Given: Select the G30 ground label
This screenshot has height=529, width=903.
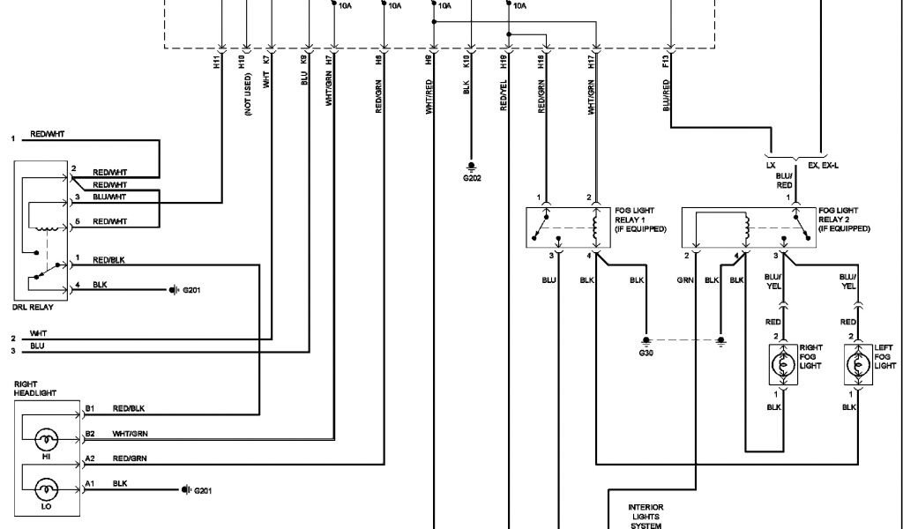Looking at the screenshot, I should [646, 352].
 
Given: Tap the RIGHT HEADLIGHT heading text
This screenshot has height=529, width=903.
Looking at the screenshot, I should [34, 389].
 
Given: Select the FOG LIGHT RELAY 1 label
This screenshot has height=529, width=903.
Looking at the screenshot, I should [641, 220].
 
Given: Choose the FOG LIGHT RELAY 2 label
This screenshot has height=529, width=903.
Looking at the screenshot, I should [844, 220].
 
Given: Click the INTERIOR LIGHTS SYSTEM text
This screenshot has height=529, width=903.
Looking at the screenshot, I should [646, 516].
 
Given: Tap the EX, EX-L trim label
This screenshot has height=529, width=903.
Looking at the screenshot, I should [826, 164].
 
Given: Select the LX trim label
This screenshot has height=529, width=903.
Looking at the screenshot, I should [772, 164].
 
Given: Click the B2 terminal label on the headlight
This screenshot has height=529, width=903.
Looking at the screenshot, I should [90, 433].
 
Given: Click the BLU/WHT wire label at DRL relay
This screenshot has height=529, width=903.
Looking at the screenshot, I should [110, 197].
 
